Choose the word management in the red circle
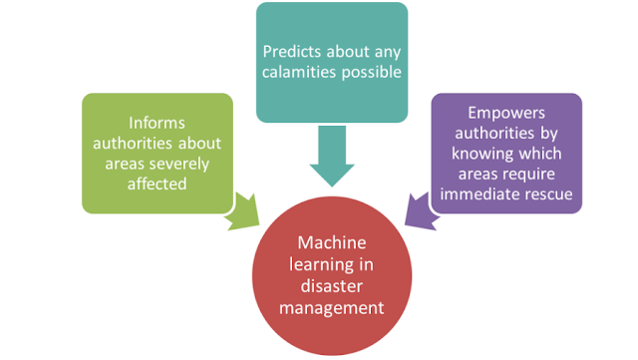[x=332, y=308]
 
